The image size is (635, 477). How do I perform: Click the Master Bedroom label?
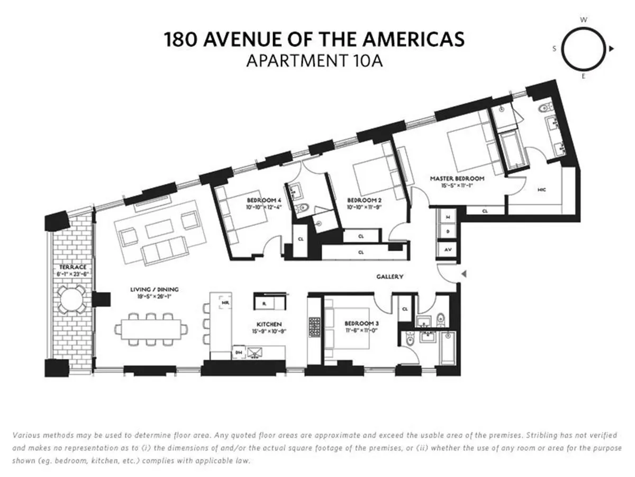(x=457, y=179)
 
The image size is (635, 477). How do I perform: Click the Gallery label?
(x=390, y=277)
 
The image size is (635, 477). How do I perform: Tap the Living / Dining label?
(x=155, y=289)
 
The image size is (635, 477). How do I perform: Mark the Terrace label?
(x=69, y=267)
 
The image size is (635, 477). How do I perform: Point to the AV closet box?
(x=448, y=249)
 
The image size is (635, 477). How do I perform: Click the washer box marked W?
(x=448, y=217)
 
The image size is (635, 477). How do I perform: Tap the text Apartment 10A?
(x=314, y=61)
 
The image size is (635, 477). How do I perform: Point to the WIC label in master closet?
(x=541, y=189)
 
